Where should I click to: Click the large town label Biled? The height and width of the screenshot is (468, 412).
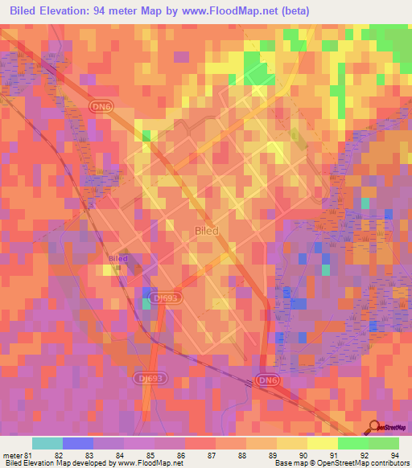[x=207, y=230]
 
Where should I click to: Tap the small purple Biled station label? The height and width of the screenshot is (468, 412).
[x=117, y=259]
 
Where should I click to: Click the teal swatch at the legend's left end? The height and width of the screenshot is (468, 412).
[x=47, y=443]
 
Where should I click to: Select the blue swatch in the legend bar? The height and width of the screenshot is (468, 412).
[x=77, y=443]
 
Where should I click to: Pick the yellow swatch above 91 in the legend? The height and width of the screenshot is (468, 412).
[x=322, y=443]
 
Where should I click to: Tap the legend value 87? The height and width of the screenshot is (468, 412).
[x=200, y=455]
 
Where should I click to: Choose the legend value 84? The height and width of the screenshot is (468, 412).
[x=109, y=455]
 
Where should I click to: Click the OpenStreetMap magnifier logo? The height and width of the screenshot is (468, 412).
[x=373, y=427]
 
